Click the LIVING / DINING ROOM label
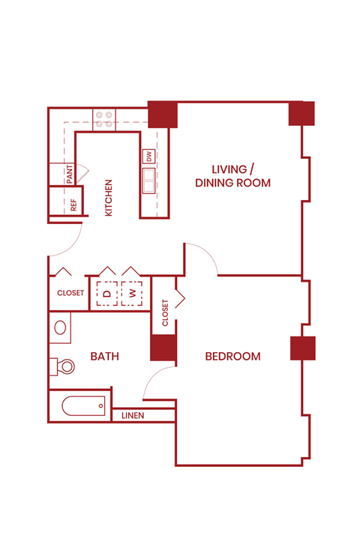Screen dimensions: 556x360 point(232,175)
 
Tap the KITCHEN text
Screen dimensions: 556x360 point(109,198)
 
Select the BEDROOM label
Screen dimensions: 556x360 point(233,357)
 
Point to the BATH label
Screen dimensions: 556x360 point(105,357)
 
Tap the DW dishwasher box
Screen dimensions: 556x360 point(149,157)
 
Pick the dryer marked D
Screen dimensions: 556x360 point(106,294)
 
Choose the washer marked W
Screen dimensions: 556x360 point(133,294)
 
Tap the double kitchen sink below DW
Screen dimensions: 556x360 point(149,181)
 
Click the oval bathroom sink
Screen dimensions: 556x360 point(60,327)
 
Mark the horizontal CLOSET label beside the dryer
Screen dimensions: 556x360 point(70,294)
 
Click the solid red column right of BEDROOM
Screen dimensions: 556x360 point(303,348)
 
